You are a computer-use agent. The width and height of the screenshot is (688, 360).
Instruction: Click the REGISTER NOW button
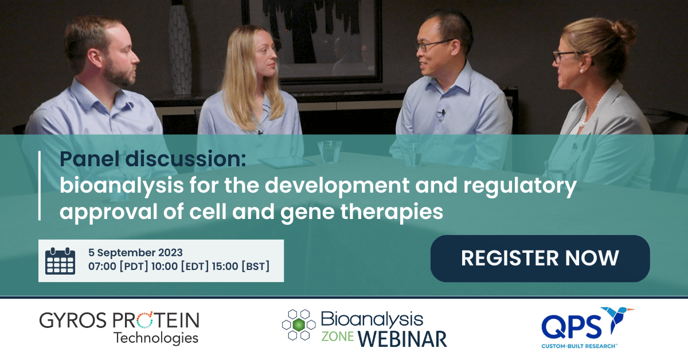[x=540, y=258]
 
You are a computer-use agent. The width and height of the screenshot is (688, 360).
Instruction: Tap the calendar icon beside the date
[x=60, y=261]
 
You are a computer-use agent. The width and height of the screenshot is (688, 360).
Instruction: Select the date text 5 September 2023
[x=135, y=252]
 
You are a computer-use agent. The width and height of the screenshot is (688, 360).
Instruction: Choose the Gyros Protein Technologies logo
[x=119, y=327]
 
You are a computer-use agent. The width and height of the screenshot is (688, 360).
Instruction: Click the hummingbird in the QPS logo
[x=618, y=320]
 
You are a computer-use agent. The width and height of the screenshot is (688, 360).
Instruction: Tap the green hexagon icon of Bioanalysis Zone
[x=298, y=325]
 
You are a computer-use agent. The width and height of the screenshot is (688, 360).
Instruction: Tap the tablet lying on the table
[x=286, y=162]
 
